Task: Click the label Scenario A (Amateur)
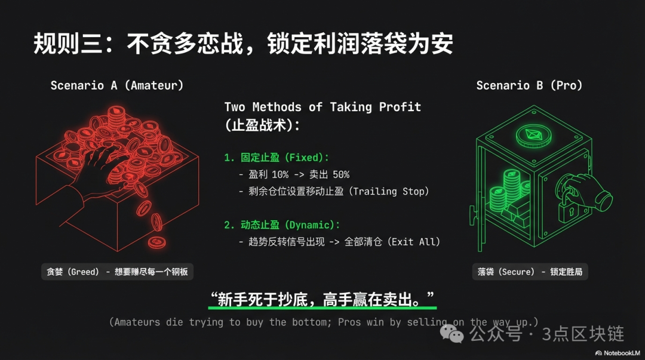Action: coord(117,85)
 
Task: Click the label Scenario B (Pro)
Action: coord(529,85)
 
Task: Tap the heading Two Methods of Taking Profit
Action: coord(322,107)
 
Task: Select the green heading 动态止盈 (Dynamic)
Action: coord(290,225)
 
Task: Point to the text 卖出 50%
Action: coord(329,174)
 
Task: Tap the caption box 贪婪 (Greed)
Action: coord(117,272)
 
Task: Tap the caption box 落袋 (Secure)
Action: coord(530,272)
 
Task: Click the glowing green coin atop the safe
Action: coord(533,136)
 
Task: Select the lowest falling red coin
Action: coord(156,242)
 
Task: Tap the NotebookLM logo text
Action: coord(618,353)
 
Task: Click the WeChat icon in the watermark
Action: coord(451,334)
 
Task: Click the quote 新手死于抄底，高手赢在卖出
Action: coord(322,299)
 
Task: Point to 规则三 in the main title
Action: coord(68,43)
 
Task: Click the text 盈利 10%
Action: coord(269,174)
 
